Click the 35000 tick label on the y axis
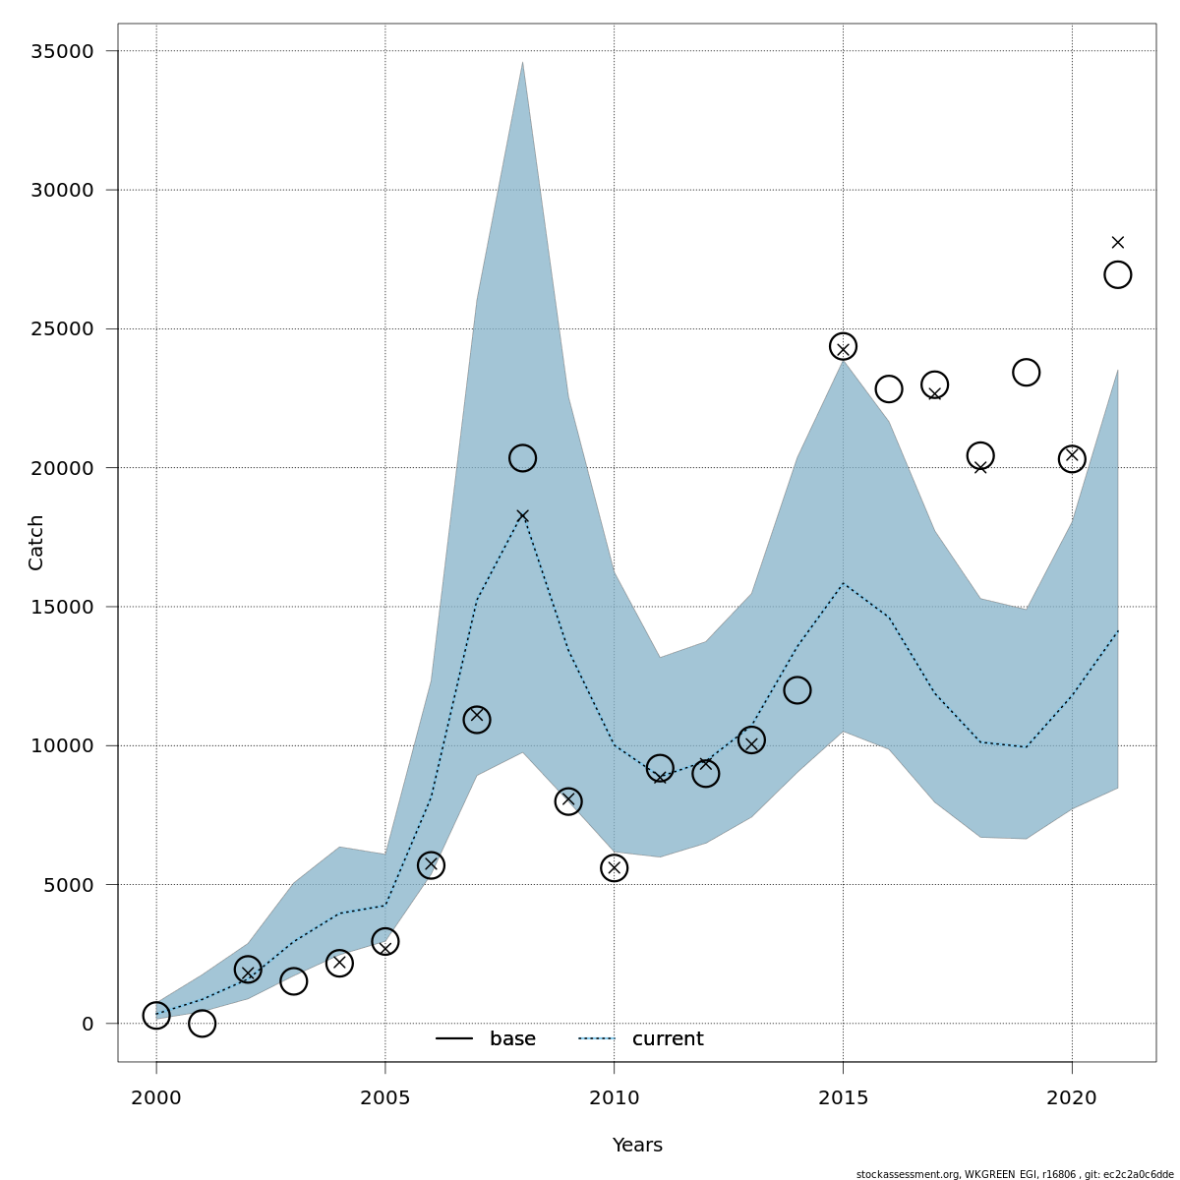[x=66, y=51]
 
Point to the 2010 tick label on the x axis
[x=614, y=1097]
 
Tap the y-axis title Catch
[x=36, y=542]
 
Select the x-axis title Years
[x=637, y=1146]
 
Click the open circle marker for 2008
[x=522, y=458]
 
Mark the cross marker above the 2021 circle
[x=1117, y=242]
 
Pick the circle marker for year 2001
[x=202, y=1024]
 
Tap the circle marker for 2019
[x=1026, y=372]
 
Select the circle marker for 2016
[x=888, y=388]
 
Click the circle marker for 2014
[x=796, y=690]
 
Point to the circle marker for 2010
[x=614, y=868]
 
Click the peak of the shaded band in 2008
[x=522, y=62]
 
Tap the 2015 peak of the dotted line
[x=843, y=583]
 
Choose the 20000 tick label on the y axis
[x=66, y=468]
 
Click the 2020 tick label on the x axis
[x=1072, y=1097]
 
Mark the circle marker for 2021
[x=1117, y=274]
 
